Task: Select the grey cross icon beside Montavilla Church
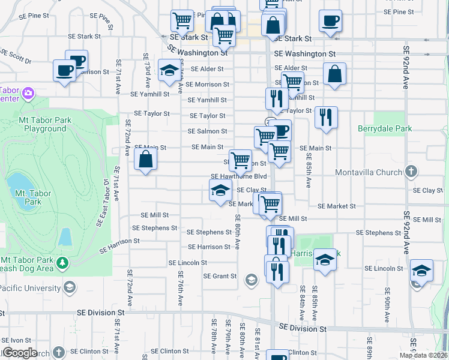pos(411,172)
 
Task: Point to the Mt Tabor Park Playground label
pos(45,124)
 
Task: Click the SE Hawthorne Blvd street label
pos(238,176)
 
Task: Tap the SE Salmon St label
pos(207,131)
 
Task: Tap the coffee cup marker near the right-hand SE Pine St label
pos(330,22)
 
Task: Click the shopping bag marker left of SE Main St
pos(146,160)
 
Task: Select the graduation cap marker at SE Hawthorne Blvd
pos(220,191)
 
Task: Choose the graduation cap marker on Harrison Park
pos(325,260)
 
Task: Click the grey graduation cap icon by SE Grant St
pos(251,279)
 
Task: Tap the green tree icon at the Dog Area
pos(61,262)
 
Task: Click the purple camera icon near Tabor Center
pos(28,93)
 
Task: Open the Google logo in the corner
pos(20,353)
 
